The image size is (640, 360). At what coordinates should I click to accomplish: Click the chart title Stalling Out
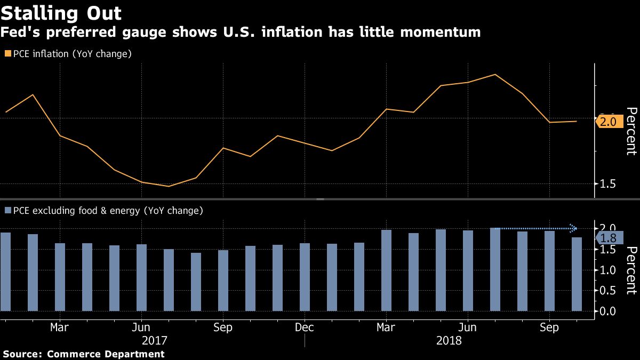(x=61, y=13)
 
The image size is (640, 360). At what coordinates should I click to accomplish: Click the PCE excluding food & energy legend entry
(x=104, y=211)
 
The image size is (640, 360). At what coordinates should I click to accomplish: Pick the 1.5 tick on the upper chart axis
(x=609, y=184)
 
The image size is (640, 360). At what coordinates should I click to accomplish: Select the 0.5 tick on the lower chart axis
(x=609, y=291)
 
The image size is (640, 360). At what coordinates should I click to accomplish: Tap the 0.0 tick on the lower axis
(x=609, y=311)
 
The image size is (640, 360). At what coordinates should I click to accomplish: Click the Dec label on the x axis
(x=304, y=327)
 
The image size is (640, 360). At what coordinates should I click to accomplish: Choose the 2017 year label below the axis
(x=155, y=340)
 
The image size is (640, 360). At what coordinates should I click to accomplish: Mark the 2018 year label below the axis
(x=449, y=340)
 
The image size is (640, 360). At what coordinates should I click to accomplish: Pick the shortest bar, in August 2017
(x=196, y=282)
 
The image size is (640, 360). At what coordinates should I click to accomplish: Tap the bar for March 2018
(x=386, y=270)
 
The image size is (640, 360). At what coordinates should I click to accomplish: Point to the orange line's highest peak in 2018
(x=495, y=75)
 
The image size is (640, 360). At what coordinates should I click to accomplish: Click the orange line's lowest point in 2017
(x=169, y=186)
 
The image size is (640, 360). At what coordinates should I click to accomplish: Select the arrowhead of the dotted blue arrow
(x=574, y=228)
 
